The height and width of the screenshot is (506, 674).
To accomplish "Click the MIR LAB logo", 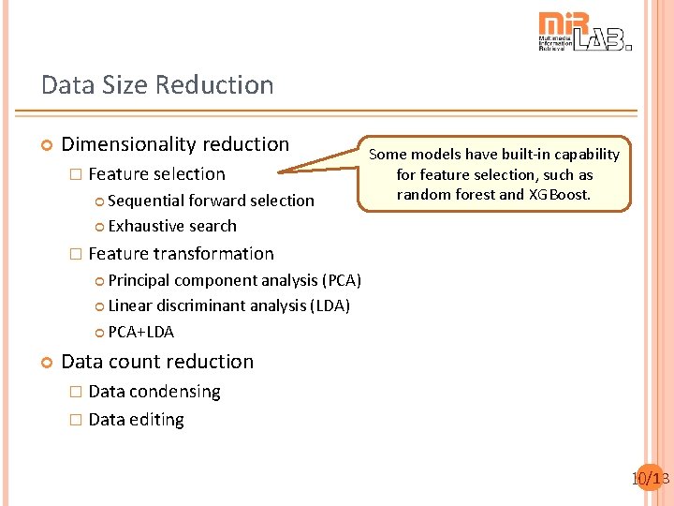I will coord(584,32).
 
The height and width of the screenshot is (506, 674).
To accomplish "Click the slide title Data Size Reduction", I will coord(157,85).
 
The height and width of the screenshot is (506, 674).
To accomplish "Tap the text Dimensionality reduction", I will coord(175,144).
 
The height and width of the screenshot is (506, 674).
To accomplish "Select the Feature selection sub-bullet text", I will coord(156,174).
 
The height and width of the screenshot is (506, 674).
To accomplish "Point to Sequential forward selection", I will coord(211,201).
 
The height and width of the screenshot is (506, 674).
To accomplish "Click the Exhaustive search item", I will coord(172,226).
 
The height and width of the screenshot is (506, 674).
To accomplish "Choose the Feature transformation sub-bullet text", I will coord(181,254).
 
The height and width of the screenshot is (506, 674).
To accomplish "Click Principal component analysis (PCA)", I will coord(234,280).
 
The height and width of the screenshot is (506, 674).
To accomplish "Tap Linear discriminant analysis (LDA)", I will coord(228,305).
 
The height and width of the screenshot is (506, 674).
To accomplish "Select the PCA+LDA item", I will coord(140,332).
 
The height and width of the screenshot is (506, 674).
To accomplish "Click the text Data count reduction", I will coord(157,362).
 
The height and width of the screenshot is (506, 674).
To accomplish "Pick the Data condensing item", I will coord(154,392).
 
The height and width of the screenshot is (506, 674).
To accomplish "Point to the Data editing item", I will coord(136,420).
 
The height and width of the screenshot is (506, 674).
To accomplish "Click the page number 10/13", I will coord(650,479).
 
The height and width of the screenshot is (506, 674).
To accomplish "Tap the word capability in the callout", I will coord(584,154).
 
